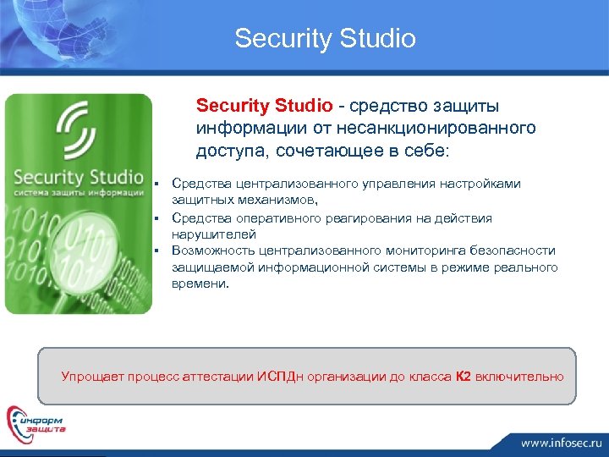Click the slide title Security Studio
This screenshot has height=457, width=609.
coord(326,39)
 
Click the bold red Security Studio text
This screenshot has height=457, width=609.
coord(265,107)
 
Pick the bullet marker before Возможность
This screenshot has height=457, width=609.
coord(157,251)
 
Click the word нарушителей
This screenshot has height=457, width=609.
coord(214,234)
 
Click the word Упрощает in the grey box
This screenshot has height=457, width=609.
coord(92,376)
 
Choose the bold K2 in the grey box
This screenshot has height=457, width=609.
coord(463,376)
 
